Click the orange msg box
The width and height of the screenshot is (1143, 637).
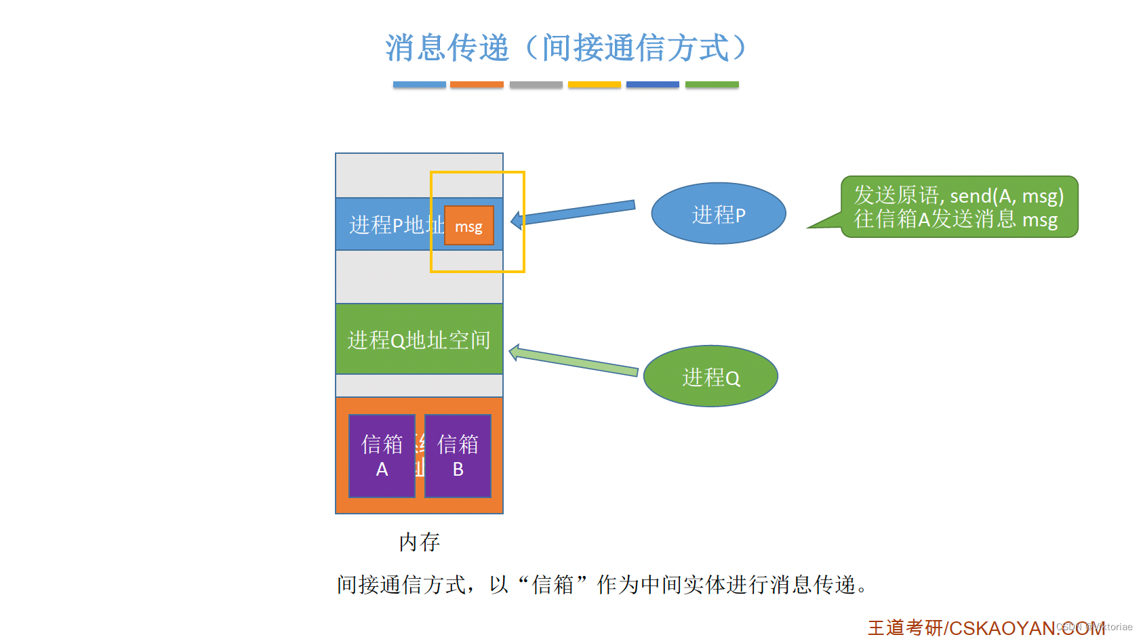(468, 226)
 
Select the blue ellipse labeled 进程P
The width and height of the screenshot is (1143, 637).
(718, 214)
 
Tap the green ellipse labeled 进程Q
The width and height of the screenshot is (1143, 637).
(710, 377)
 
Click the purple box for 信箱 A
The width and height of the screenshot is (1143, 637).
(382, 456)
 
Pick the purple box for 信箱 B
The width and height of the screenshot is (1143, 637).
(458, 456)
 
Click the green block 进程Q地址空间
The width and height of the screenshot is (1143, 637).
(419, 340)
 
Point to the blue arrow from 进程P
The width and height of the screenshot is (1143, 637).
(576, 212)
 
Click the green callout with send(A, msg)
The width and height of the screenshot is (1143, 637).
(959, 207)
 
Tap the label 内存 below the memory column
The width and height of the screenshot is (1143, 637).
(419, 541)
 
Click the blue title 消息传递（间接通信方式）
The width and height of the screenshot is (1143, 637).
(565, 48)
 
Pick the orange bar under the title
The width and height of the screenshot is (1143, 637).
(477, 85)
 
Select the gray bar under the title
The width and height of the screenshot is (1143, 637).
(536, 85)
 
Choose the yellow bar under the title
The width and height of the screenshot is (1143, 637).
(594, 85)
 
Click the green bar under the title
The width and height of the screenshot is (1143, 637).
(712, 85)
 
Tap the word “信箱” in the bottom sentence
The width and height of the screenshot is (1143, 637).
(553, 584)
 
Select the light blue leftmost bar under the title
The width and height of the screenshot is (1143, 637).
(419, 85)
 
